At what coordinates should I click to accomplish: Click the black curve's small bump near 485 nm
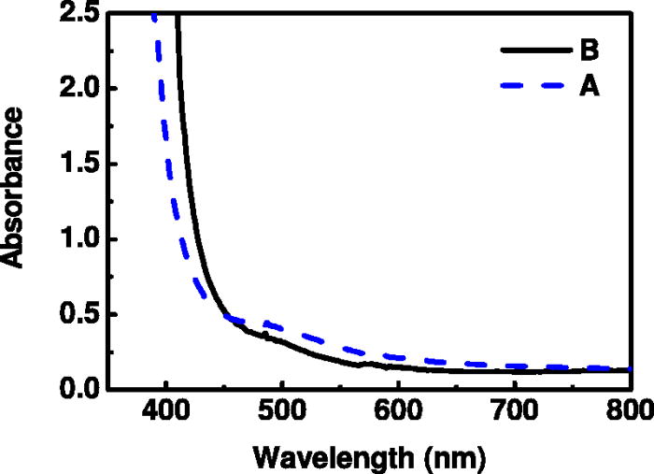(265, 333)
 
